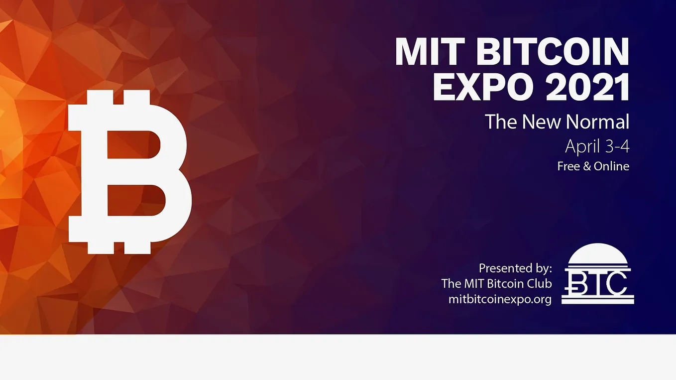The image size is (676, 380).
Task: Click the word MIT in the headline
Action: click(429, 51)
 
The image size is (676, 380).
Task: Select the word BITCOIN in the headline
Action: click(553, 51)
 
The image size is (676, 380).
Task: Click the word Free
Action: click(568, 166)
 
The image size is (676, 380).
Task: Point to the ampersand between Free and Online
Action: click(586, 166)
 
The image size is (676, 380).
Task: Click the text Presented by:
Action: click(515, 268)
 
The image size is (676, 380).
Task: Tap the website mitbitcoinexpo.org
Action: click(500, 299)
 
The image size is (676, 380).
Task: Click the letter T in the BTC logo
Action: click(597, 282)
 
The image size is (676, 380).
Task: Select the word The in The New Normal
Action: click(499, 122)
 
